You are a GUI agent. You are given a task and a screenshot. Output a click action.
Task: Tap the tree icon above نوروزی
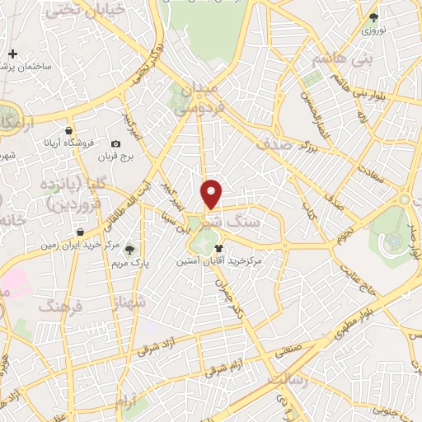(374, 16)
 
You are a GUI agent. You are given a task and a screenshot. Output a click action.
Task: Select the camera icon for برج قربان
(115, 143)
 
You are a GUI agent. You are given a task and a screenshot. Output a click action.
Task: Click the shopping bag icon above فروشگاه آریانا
(70, 130)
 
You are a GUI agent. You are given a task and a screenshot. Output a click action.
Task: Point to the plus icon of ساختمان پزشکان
(12, 54)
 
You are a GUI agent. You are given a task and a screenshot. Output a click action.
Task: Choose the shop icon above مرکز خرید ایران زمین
(80, 232)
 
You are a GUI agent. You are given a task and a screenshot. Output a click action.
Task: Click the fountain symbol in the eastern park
(395, 241)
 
